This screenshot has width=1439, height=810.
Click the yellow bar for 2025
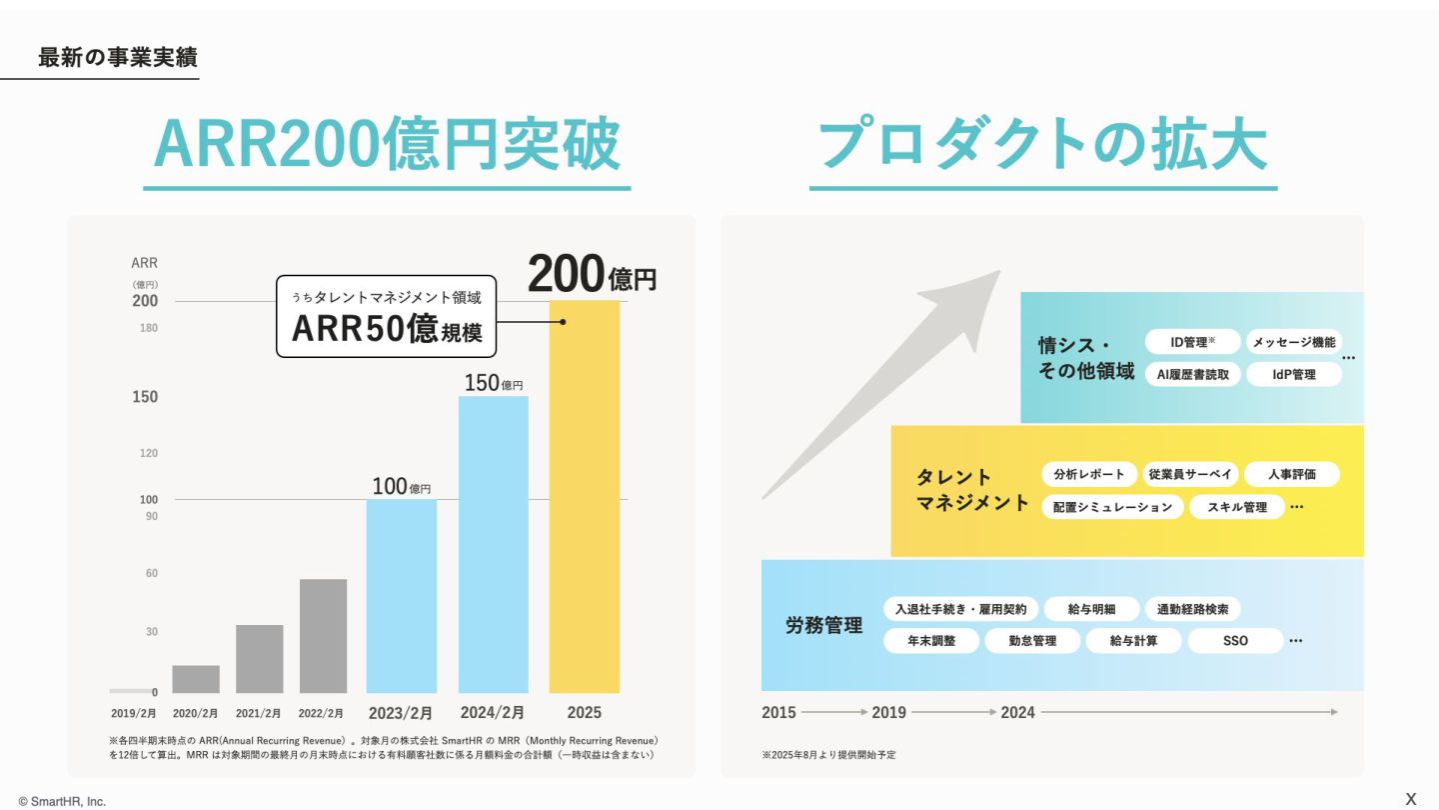coord(585,500)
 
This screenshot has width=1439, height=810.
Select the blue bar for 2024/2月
coord(493,545)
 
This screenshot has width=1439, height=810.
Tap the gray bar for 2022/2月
coord(323,636)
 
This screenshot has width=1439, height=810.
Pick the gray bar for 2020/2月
coord(196,679)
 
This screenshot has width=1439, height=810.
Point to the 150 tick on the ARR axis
coord(145,397)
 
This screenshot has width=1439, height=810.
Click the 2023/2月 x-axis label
coord(400,713)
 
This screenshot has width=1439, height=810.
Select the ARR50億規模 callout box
coord(386,317)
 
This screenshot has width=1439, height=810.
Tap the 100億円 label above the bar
coord(401,487)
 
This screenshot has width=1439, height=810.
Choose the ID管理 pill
coord(1192,342)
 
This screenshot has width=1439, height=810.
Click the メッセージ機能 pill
coord(1293,342)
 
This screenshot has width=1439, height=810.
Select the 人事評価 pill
coord(1291,475)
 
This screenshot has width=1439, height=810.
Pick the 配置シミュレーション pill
coord(1112,507)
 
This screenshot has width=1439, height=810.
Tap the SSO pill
coord(1235,640)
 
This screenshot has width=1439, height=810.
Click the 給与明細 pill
coord(1090,609)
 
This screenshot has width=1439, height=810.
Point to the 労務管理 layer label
coord(823,626)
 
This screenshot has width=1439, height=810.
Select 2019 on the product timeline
coord(888,712)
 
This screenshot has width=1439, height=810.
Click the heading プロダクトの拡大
coord(1042,146)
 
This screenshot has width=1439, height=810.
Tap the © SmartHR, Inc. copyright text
coord(62,801)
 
